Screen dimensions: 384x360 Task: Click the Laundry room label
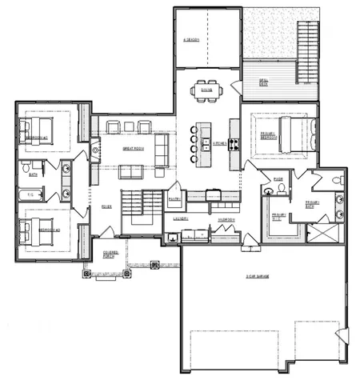(x=180, y=218)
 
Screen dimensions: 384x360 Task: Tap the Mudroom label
(x=226, y=218)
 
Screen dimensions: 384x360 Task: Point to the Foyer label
(x=106, y=206)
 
